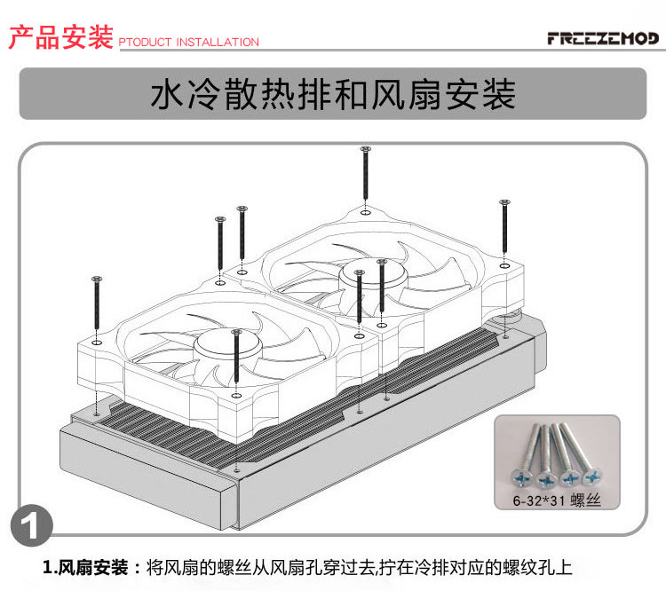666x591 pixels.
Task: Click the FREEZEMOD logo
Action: (602, 39)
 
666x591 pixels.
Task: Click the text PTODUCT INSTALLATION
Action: (188, 42)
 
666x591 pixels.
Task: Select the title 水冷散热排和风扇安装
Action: (333, 95)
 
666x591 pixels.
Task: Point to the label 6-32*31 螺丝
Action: (557, 500)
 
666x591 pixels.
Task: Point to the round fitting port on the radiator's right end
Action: (509, 318)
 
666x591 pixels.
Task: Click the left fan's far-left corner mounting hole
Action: (97, 341)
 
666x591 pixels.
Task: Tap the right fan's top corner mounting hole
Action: (365, 212)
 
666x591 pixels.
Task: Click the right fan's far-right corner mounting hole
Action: (503, 264)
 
